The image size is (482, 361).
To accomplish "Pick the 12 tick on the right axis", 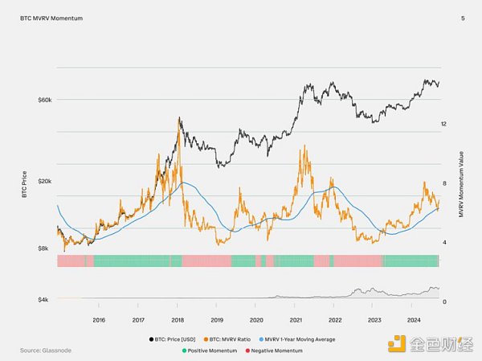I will click(443, 123).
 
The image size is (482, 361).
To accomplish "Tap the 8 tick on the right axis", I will click(443, 183).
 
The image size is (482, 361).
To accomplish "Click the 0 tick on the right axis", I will click(443, 301).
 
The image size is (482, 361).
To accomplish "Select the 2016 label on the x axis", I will click(99, 319).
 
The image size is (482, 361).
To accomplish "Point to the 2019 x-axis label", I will click(216, 319).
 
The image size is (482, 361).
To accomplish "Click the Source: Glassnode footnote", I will click(43, 351).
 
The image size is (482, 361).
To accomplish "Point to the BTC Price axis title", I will click(25, 183).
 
